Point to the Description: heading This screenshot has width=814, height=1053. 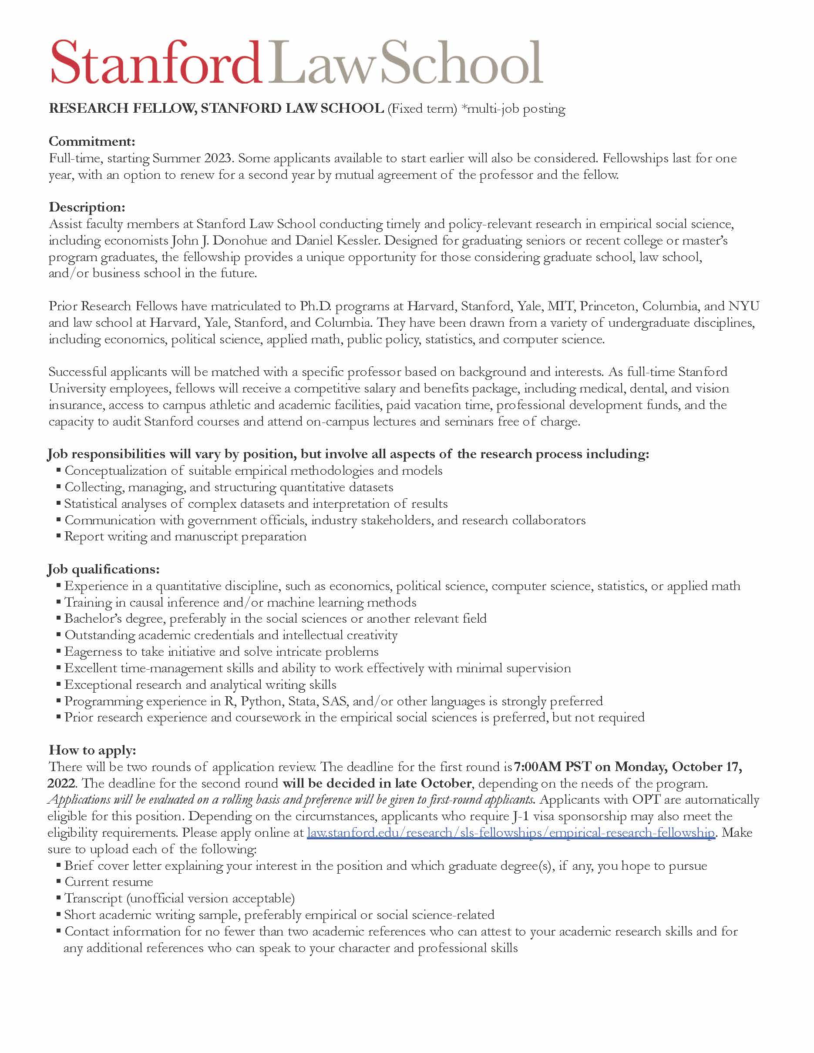(x=87, y=207)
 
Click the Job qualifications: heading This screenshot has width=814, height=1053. (x=103, y=569)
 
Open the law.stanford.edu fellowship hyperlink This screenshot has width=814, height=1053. (x=511, y=833)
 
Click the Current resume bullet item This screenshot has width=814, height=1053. (x=108, y=882)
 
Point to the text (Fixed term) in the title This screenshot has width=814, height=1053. (x=422, y=108)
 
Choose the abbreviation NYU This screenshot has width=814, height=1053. (x=744, y=306)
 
